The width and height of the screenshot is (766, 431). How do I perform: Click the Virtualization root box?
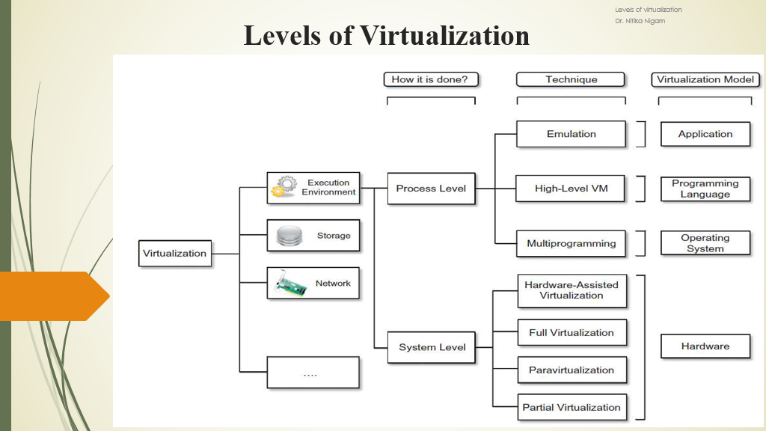[x=174, y=253]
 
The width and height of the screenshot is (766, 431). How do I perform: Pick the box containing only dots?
[x=313, y=372]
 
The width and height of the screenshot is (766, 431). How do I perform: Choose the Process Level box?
[x=431, y=189]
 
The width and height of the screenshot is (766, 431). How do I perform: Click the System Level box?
[x=432, y=347]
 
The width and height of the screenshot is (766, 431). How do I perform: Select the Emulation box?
[x=571, y=134]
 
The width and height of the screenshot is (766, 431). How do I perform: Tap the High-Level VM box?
[x=571, y=189]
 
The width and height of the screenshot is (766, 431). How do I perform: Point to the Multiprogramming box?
[x=571, y=243]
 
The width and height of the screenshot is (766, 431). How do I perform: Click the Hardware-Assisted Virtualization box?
[x=572, y=290]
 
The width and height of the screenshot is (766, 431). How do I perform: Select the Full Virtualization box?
[x=572, y=333]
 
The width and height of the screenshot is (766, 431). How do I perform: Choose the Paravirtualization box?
[x=572, y=370]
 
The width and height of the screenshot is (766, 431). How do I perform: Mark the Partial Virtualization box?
[x=572, y=408]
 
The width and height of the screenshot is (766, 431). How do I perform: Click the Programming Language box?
[x=705, y=189]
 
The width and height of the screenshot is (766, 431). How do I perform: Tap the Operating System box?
[x=705, y=243]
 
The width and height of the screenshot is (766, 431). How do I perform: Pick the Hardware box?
[x=705, y=346]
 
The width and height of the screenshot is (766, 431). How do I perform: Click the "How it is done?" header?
[x=430, y=79]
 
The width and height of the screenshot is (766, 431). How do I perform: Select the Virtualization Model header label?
[x=705, y=79]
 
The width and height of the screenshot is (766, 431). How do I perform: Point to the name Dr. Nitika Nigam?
[x=640, y=21]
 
